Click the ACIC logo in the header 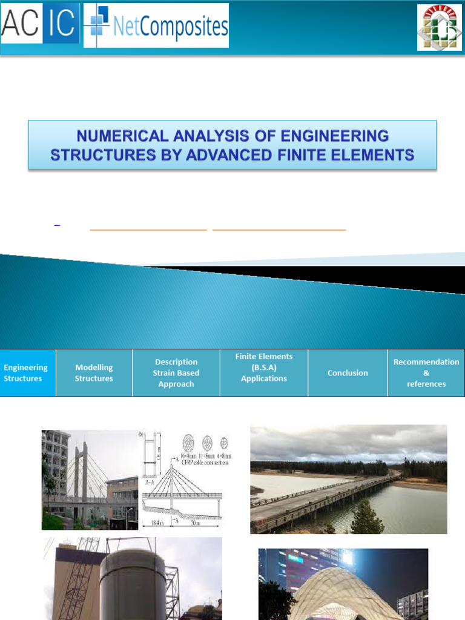[x=40, y=25]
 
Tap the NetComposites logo [x=156, y=26]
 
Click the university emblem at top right [x=440, y=27]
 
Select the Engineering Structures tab [x=26, y=373]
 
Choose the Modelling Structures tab [x=94, y=373]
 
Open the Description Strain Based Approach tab [x=176, y=373]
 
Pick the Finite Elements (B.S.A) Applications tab [x=264, y=368]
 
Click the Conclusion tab [x=348, y=373]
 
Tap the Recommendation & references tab [x=426, y=373]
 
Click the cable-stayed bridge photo [x=90, y=480]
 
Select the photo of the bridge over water [x=348, y=479]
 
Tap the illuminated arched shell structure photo [x=343, y=585]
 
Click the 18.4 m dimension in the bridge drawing [x=154, y=522]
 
